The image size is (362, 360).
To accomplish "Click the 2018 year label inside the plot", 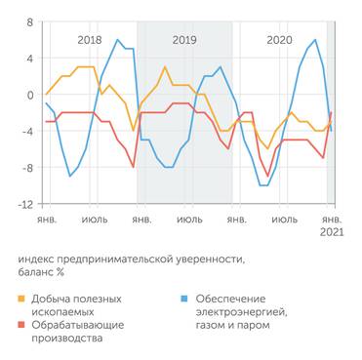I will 89,40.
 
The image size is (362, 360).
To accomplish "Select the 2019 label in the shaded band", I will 183,40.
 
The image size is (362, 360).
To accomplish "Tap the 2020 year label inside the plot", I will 279,40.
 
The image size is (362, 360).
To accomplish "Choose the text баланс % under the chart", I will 43,272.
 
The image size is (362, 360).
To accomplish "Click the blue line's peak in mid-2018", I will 118,40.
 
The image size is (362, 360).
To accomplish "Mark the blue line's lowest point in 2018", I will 69,177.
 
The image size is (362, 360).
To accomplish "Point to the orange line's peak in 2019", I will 165,67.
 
